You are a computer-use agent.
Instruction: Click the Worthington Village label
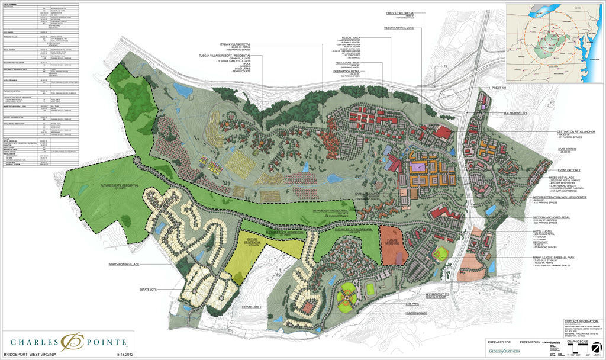[x=124, y=265]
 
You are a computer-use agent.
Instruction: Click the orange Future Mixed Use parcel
[x=391, y=245]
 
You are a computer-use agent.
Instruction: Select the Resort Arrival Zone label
[x=401, y=28]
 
